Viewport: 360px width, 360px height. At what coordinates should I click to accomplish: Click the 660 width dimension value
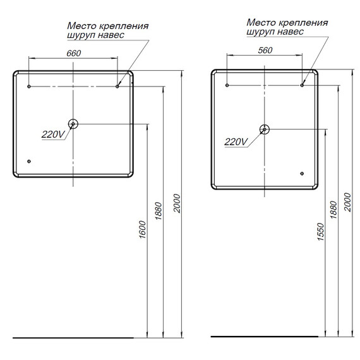coord(73,53)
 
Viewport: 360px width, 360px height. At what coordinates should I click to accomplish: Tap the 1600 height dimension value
coord(143,233)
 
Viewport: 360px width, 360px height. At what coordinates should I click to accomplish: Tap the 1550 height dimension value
coord(321,233)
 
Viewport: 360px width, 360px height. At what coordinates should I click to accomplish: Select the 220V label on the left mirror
coord(52,134)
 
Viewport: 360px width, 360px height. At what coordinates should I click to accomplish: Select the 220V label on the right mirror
coord(235,142)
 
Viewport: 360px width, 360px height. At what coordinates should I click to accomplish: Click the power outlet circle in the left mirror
coord(73,124)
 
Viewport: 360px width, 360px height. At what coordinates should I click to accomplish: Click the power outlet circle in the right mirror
coord(264,129)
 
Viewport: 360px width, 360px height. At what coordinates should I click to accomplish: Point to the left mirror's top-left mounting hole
coord(29,85)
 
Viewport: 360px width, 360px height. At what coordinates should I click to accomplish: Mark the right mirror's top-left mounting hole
coord(227,84)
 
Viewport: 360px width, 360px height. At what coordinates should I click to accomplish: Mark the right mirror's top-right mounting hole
coord(302,84)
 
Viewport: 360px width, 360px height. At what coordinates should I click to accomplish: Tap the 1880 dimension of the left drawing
coord(160,215)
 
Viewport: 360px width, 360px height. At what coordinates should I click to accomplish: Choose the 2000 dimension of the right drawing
coord(347,203)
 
